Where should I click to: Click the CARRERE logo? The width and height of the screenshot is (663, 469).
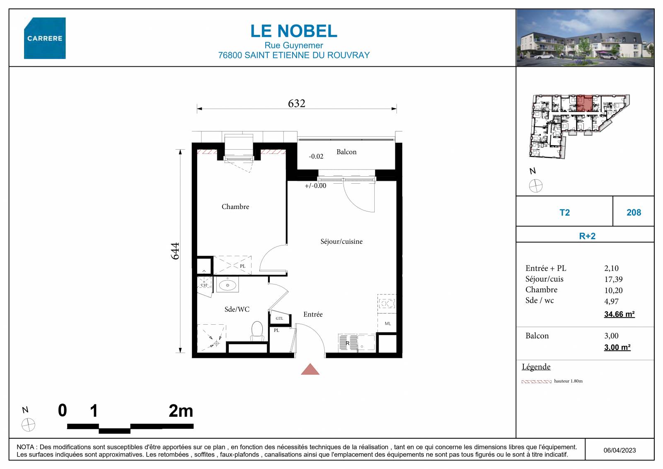pyautogui.click(x=45, y=38)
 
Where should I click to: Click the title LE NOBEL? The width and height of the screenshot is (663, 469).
pyautogui.click(x=294, y=31)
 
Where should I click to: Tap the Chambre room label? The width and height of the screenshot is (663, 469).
pyautogui.click(x=235, y=207)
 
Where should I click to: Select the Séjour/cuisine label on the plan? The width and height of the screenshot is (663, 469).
pyautogui.click(x=341, y=241)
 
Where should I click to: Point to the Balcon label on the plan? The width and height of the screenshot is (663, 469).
pyautogui.click(x=346, y=152)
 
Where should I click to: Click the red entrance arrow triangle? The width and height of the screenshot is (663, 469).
pyautogui.click(x=310, y=369)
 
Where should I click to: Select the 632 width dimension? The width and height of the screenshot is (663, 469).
pyautogui.click(x=297, y=103)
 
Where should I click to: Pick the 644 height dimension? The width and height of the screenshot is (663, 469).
pyautogui.click(x=176, y=251)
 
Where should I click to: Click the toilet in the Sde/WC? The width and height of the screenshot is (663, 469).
pyautogui.click(x=258, y=331)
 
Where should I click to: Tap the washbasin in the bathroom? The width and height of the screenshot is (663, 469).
pyautogui.click(x=227, y=285)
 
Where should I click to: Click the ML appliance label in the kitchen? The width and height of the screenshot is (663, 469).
pyautogui.click(x=388, y=323)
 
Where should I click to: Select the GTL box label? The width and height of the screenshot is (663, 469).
pyautogui.click(x=279, y=318)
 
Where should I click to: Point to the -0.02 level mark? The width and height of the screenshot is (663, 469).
pyautogui.click(x=316, y=156)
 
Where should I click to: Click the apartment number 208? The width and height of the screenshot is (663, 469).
pyautogui.click(x=634, y=212)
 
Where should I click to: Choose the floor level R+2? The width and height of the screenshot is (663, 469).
pyautogui.click(x=587, y=236)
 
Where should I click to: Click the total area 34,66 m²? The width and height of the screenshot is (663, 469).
pyautogui.click(x=619, y=314)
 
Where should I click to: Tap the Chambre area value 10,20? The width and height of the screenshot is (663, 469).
pyautogui.click(x=613, y=290)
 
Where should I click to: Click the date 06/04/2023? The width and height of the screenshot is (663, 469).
pyautogui.click(x=619, y=450)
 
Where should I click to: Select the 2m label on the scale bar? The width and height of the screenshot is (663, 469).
pyautogui.click(x=181, y=411)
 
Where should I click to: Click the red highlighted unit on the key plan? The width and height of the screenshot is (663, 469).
pyautogui.click(x=584, y=103)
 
